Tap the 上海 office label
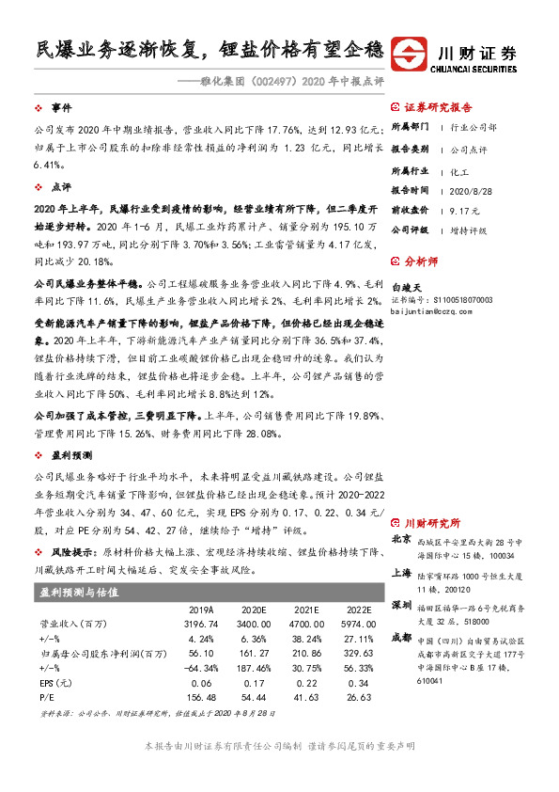(x=400, y=571)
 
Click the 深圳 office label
(x=400, y=604)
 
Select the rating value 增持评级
(x=471, y=229)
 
